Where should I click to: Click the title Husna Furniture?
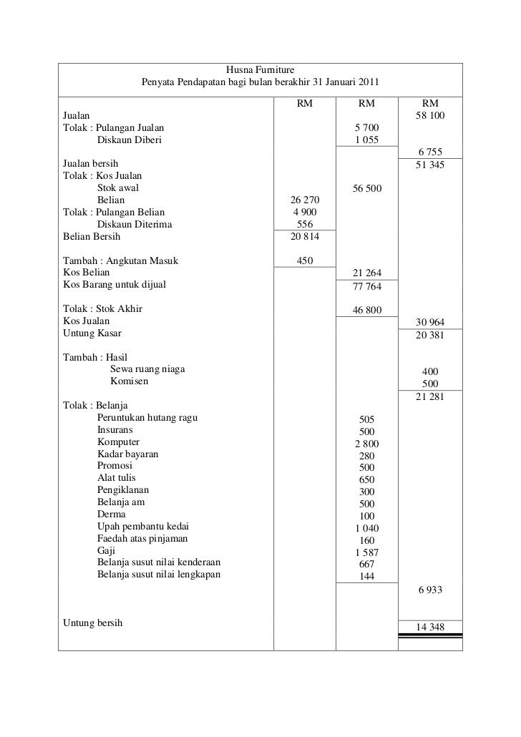coord(260,70)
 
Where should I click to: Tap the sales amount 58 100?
coord(429,115)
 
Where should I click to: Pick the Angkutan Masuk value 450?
coord(304,260)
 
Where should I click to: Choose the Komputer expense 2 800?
coord(366,444)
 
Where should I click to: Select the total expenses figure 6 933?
coord(429,590)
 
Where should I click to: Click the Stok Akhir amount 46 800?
coord(366,310)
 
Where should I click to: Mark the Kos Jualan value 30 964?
coord(429,323)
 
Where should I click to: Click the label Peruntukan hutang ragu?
coord(147,418)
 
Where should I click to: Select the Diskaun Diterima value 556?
coord(304,224)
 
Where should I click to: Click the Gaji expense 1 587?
coord(366,552)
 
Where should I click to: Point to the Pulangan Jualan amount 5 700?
coord(366,127)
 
